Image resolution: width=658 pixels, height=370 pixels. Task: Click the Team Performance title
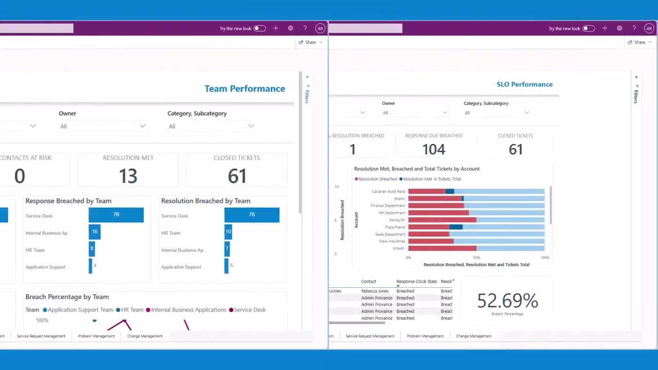[245, 89]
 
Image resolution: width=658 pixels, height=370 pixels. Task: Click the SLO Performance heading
[524, 84]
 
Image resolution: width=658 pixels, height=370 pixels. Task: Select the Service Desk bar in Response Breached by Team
[116, 215]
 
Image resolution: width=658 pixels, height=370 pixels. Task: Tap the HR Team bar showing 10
[228, 232]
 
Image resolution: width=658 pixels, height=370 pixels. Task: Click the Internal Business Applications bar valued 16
[95, 232]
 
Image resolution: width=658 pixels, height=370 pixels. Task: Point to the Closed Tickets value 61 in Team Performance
[237, 176]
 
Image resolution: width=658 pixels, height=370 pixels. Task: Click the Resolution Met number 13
[128, 176]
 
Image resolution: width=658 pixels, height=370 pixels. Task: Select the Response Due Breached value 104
[434, 150]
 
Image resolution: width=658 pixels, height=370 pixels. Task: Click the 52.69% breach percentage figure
[507, 301]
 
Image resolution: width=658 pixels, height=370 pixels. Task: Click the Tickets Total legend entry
[448, 179]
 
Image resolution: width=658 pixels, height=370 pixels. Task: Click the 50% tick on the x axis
[477, 257]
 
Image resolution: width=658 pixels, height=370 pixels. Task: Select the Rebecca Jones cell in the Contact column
[375, 291]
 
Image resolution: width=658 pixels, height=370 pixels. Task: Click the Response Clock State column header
[416, 282]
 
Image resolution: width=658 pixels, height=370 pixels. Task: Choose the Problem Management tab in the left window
[96, 336]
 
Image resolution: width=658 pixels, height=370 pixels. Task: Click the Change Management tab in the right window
[473, 336]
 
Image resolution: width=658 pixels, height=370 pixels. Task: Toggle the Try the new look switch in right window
[589, 29]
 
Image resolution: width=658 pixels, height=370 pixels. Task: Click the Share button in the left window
[308, 42]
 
